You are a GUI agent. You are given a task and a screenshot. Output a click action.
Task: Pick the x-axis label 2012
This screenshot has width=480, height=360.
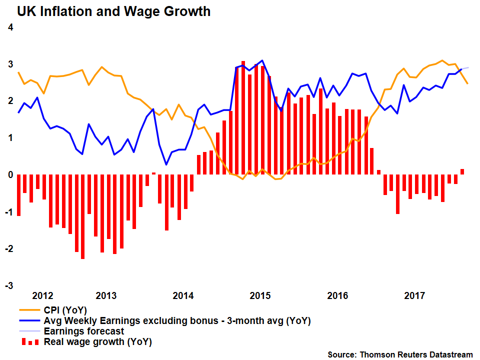pyautogui.click(x=42, y=295)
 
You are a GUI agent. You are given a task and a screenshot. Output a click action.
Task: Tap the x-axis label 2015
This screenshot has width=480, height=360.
pyautogui.click(x=260, y=295)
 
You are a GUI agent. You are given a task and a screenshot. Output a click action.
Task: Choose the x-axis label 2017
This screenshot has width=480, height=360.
pyautogui.click(x=414, y=295)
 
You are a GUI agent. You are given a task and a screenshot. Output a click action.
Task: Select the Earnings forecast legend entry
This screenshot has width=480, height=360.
pyautogui.click(x=84, y=331)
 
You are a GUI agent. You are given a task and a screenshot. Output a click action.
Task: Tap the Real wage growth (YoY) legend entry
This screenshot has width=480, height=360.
pyautogui.click(x=97, y=342)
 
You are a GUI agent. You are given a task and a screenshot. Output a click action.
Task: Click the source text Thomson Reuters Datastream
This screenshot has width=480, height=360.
pyautogui.click(x=400, y=354)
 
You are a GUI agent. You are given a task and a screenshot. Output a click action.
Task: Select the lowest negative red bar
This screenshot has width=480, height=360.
pyautogui.click(x=82, y=216)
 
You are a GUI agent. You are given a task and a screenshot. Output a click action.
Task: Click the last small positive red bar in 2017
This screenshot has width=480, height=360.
pyautogui.click(x=462, y=171)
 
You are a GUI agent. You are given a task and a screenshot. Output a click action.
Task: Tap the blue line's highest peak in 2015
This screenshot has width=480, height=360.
pyautogui.click(x=262, y=60)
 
